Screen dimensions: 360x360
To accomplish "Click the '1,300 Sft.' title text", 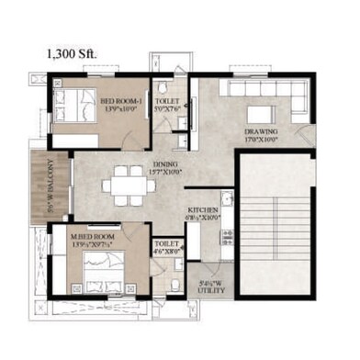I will click(72, 54).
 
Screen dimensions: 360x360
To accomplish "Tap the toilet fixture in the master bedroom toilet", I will click(173, 280).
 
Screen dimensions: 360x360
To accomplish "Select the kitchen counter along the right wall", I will click(226, 220).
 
